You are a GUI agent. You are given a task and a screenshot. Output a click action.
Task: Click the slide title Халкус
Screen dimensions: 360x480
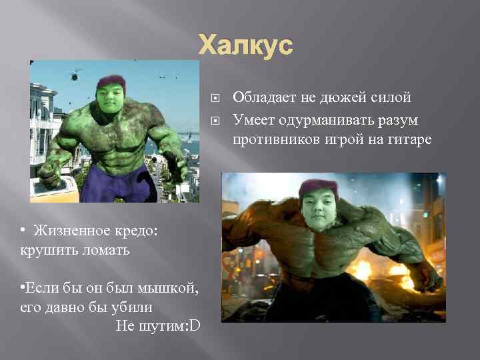pos(246,45)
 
